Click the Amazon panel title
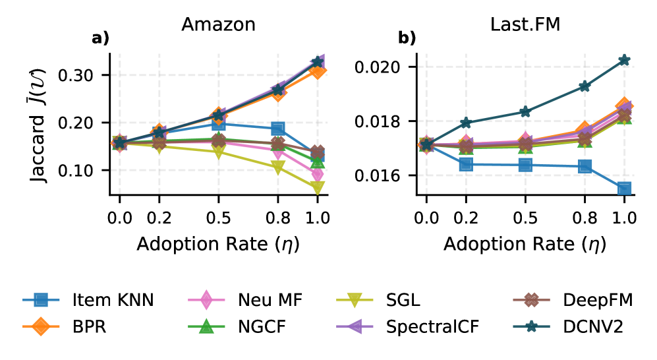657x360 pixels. pos(218,24)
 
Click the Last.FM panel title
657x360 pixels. pos(525,24)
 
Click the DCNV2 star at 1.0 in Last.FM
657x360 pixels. pos(624,60)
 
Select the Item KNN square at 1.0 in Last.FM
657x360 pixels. pos(624,189)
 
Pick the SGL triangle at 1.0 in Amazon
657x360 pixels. pos(318,187)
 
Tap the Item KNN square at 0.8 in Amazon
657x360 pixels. pos(277,129)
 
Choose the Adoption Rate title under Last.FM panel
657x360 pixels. pos(525,243)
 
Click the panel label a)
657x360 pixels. pos(100,38)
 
